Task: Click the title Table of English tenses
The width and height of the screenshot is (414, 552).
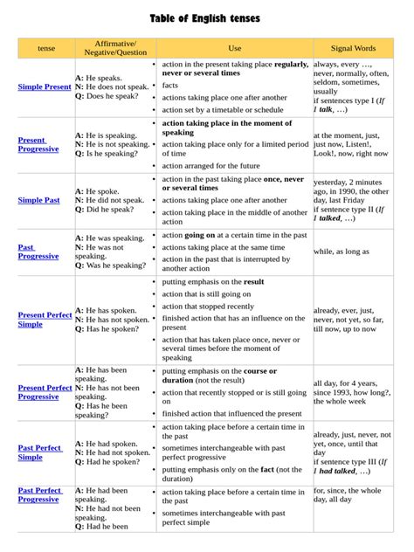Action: [205, 18]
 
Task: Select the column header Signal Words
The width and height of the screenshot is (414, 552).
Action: [353, 48]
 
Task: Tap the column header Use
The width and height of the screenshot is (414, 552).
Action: [234, 48]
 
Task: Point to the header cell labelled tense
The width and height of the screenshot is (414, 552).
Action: [45, 48]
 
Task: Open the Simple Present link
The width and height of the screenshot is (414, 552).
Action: [45, 87]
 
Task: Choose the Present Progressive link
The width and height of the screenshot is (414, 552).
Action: [38, 144]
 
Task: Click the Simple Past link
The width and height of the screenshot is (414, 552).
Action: [39, 200]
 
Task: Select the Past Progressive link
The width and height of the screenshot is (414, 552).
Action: [38, 252]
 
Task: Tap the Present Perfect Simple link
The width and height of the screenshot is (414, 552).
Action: [45, 319]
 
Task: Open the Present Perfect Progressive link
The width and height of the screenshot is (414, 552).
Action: [45, 392]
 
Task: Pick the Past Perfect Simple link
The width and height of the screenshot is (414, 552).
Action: [40, 452]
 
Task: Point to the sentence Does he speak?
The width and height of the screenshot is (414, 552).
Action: [112, 98]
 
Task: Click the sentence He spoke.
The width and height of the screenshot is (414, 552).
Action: [103, 190]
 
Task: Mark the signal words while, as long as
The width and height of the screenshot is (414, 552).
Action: [342, 252]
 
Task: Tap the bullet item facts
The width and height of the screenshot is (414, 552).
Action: [170, 86]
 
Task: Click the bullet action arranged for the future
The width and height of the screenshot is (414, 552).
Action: [210, 165]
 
